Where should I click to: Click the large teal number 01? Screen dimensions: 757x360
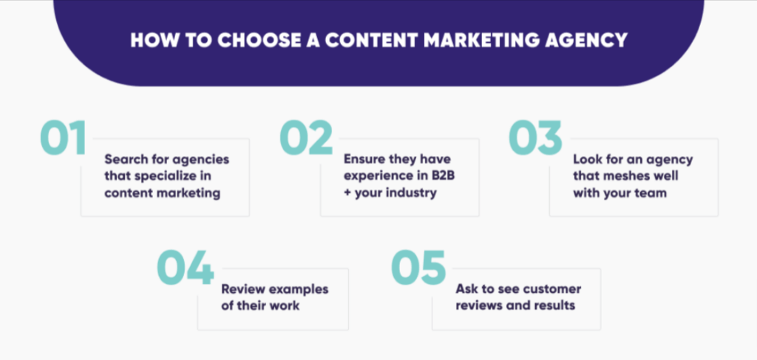tap(64, 138)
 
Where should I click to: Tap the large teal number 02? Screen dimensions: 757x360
tap(307, 138)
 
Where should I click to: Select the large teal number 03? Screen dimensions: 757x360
tap(536, 138)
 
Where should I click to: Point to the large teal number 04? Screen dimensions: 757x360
tap(185, 268)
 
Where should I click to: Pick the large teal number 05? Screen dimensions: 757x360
tap(418, 268)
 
